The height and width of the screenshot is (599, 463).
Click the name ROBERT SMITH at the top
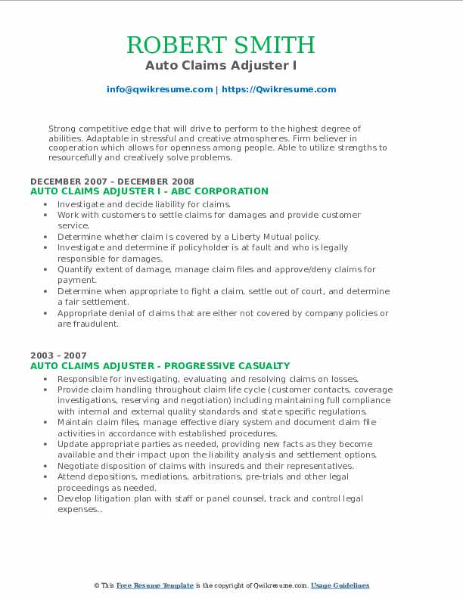pyautogui.click(x=231, y=45)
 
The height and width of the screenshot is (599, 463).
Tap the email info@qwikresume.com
pyautogui.click(x=160, y=89)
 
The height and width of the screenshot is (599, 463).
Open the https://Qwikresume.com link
pyautogui.click(x=279, y=89)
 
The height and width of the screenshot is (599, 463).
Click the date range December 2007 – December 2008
pyautogui.click(x=112, y=182)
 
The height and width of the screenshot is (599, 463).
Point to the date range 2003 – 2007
pyautogui.click(x=58, y=355)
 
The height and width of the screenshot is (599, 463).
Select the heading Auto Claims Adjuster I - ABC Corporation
pyautogui.click(x=149, y=191)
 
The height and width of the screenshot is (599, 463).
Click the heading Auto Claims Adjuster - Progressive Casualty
pyautogui.click(x=160, y=365)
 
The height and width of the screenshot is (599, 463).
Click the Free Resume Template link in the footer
pyautogui.click(x=155, y=585)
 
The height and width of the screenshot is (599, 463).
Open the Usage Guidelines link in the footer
pyautogui.click(x=340, y=585)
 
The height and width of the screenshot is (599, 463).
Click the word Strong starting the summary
pyautogui.click(x=62, y=129)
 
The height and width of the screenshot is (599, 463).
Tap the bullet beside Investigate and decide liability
pyautogui.click(x=46, y=204)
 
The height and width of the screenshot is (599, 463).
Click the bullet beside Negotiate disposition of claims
pyautogui.click(x=46, y=466)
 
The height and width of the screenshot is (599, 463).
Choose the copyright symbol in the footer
pyautogui.click(x=96, y=585)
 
